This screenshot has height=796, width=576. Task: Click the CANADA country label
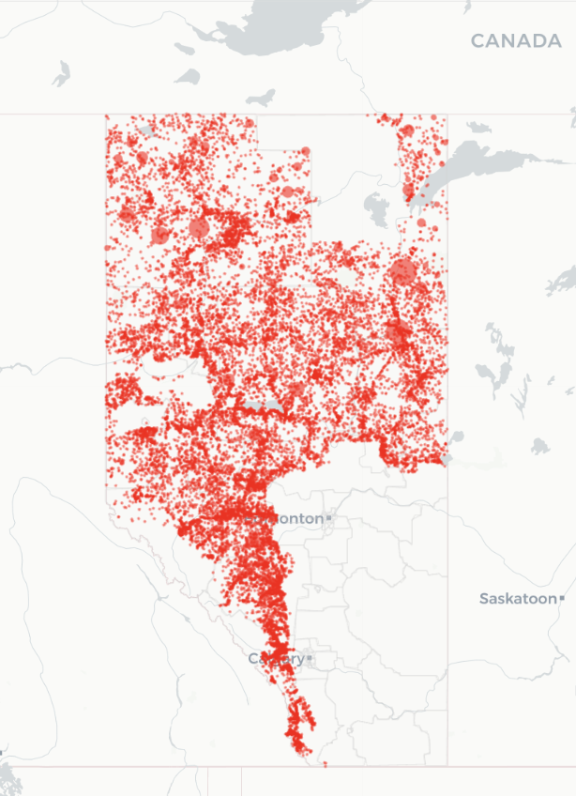tap(515, 41)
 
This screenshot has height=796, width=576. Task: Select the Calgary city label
tap(276, 659)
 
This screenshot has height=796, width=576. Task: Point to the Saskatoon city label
tap(518, 598)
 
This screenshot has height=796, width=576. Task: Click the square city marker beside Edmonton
tap(329, 518)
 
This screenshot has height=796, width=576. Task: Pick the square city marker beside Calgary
tap(309, 659)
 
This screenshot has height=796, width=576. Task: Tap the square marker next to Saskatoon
tap(562, 598)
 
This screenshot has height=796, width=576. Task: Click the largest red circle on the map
tap(403, 272)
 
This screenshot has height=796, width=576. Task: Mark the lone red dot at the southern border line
tap(326, 764)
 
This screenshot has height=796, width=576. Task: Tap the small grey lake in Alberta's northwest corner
tap(146, 130)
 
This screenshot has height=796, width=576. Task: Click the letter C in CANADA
tap(477, 41)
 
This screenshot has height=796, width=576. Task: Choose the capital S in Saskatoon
tap(484, 598)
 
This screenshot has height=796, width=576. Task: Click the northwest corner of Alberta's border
tap(105, 115)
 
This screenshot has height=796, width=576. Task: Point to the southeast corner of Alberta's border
tap(447, 766)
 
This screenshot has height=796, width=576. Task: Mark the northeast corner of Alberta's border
tap(447, 115)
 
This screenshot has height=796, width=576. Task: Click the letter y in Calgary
tap(298, 661)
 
